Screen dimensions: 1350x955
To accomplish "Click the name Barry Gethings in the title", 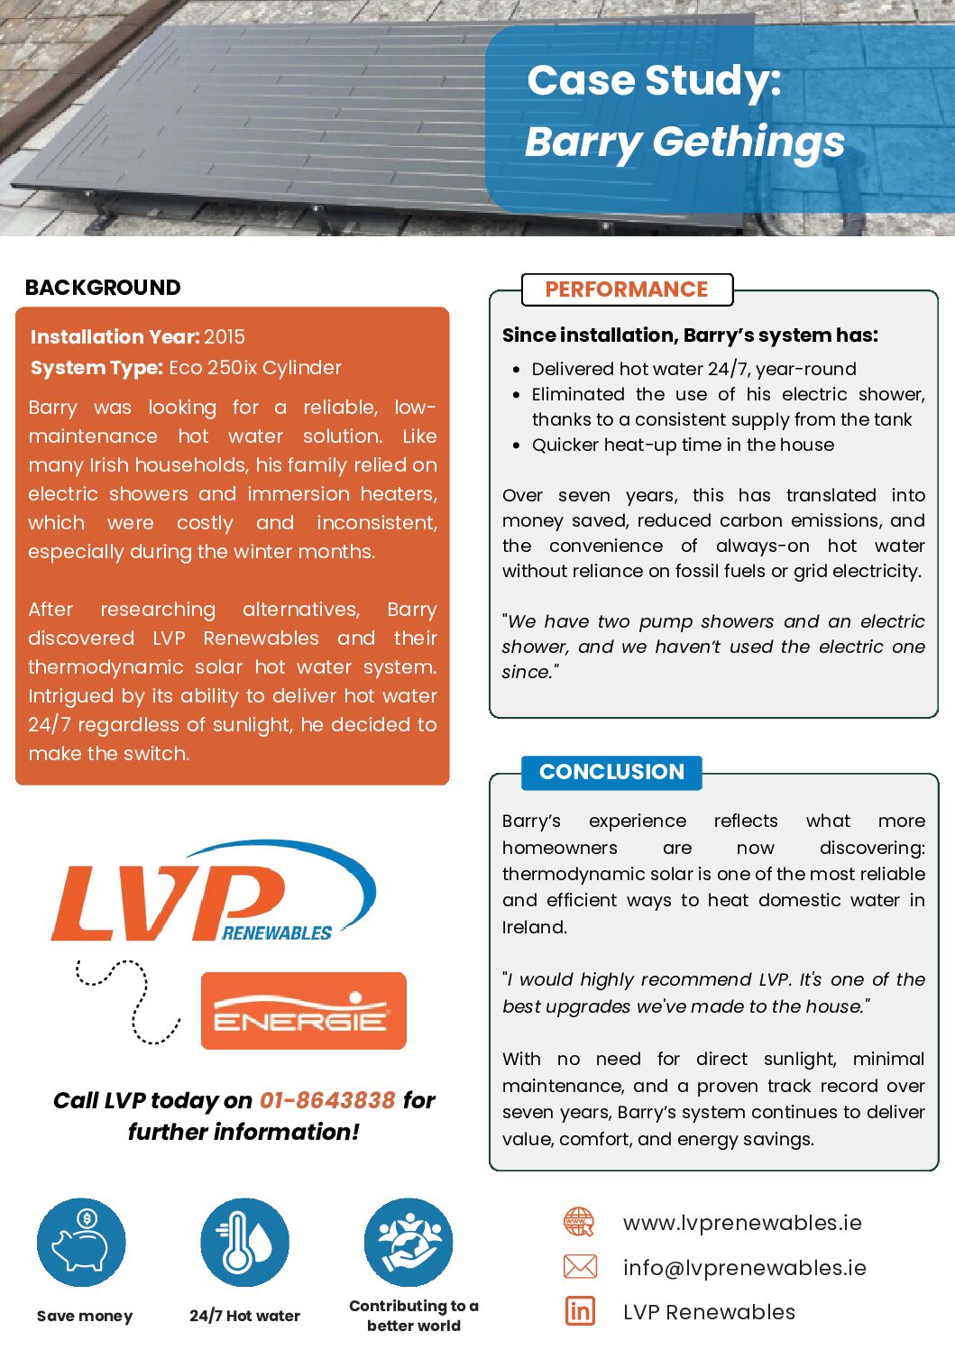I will click(684, 142).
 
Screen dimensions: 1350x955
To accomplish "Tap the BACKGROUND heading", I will click(103, 288).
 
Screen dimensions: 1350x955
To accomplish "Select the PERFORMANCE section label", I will click(627, 289).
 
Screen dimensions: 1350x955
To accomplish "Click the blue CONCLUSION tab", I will click(611, 772).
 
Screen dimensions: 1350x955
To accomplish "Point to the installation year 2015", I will click(225, 337).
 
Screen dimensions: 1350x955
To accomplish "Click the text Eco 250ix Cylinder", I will click(255, 368).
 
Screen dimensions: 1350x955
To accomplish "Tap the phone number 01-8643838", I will click(327, 1100).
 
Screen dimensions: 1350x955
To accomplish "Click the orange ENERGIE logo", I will click(303, 1011).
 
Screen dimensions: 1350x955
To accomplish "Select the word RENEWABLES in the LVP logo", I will click(277, 933).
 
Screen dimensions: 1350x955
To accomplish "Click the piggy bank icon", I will click(81, 1243).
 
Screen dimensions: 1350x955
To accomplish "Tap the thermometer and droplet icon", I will click(244, 1243).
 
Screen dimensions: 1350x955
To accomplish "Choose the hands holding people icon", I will click(409, 1243).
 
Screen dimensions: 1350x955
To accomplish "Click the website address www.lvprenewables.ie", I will click(742, 1223).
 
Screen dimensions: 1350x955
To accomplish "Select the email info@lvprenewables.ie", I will click(744, 1268).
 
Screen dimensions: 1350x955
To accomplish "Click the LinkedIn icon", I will click(580, 1310).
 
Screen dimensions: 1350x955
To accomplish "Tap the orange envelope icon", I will click(580, 1267).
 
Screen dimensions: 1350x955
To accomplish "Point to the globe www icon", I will click(579, 1223).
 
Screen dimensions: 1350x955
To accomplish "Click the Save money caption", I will click(85, 1316).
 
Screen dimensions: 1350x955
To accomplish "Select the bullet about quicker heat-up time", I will click(683, 445).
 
